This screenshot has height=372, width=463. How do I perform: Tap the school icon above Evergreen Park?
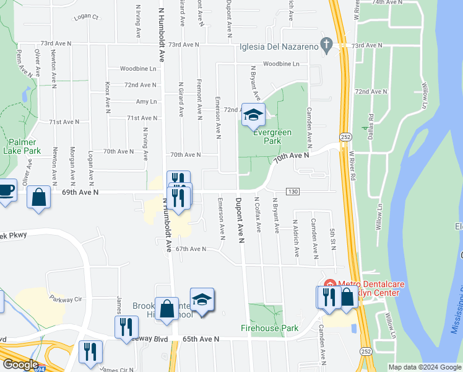coord(253,115)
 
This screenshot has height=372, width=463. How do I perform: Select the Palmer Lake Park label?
coord(22,146)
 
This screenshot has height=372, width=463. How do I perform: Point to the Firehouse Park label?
coord(270,328)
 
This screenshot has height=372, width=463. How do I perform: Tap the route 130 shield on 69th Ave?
coord(293,192)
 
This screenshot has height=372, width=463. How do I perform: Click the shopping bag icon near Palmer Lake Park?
coord(39,198)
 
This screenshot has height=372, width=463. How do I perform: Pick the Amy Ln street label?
coord(146,102)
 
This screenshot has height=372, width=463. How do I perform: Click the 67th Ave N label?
coord(190,249)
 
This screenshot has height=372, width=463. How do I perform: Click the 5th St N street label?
coord(333,239)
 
